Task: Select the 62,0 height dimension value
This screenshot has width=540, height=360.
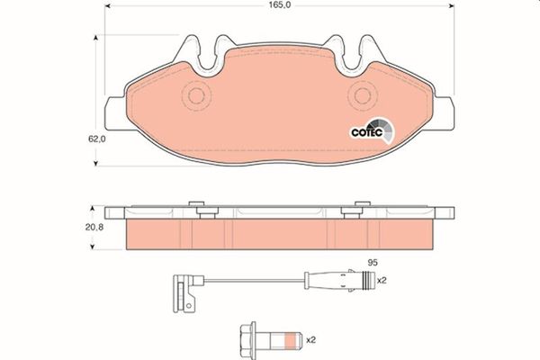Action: point(72,139)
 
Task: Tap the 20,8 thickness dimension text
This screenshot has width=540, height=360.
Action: point(72,229)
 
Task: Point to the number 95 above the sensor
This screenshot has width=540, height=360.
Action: point(368,262)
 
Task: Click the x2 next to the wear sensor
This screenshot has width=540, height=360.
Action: point(382,280)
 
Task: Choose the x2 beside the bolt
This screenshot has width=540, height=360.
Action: point(311,339)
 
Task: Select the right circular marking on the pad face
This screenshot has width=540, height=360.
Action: point(360,94)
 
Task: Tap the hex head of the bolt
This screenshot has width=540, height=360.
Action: point(246,339)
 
